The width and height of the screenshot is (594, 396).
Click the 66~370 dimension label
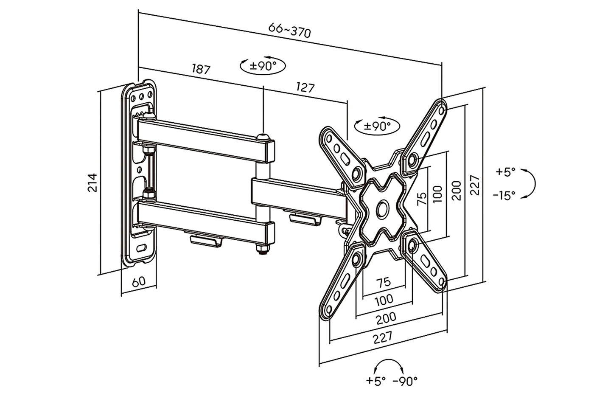coord(289,30)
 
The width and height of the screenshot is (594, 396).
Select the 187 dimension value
coord(201,69)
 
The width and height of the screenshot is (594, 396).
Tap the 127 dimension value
coord(305,87)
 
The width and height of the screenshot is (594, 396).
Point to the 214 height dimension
coord(92,183)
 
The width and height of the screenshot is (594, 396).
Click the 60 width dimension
coord(139,282)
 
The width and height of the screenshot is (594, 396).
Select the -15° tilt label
coord(504,196)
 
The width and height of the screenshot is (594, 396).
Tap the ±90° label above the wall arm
coord(263,65)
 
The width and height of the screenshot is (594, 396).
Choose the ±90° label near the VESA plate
coord(377,126)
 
